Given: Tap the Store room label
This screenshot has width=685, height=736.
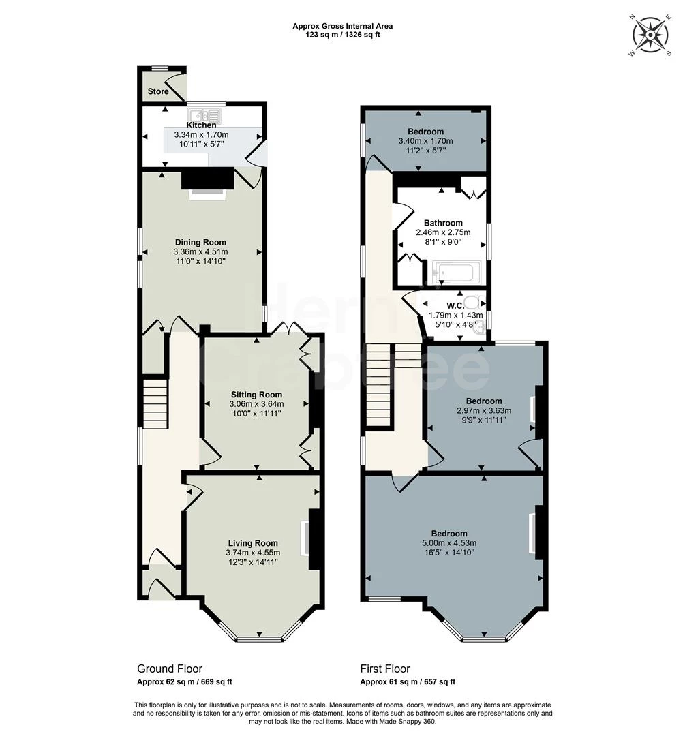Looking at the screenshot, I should point(158,92).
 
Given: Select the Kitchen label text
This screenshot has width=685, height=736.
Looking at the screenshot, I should point(201,125).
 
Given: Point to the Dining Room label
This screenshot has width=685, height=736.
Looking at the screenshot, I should point(200,243).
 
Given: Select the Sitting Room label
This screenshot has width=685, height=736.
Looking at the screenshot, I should point(256,395).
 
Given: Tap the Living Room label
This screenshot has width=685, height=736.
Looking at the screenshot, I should point(253,543).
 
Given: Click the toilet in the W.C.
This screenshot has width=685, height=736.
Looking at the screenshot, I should point(471,302).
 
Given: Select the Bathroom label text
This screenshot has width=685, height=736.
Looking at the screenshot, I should point(443,223).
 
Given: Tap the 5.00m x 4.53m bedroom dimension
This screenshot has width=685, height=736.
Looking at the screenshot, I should point(449,543).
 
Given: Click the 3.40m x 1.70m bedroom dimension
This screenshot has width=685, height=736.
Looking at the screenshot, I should point(425,141).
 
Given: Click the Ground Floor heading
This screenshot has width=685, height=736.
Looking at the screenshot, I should point(170,669).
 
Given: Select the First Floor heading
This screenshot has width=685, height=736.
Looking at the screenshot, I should point(385,669).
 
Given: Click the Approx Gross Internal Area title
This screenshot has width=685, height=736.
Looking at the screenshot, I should point(342,27).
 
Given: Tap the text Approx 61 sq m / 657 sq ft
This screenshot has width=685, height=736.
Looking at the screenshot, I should point(408,682).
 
